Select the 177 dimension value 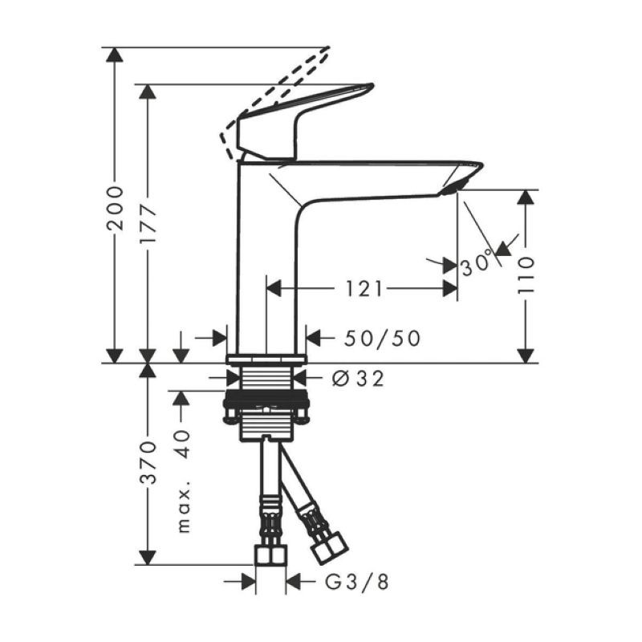pyautogui.click(x=148, y=223)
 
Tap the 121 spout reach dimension pyautogui.click(x=364, y=289)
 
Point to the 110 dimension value pyautogui.click(x=526, y=275)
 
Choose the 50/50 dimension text pyautogui.click(x=382, y=338)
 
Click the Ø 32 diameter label pyautogui.click(x=358, y=379)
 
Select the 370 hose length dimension pyautogui.click(x=148, y=462)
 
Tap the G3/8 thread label pyautogui.click(x=356, y=582)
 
